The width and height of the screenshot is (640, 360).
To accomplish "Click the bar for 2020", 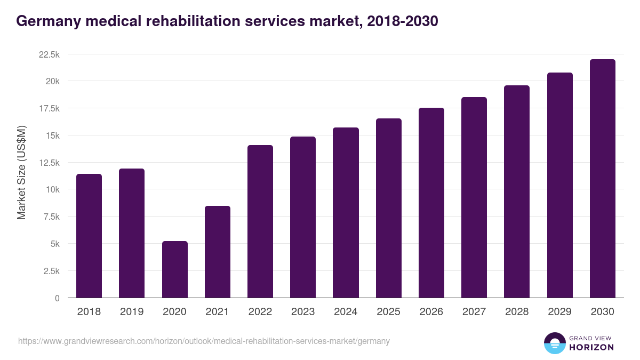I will pos(174,269).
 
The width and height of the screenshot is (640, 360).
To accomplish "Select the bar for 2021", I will pos(218,252).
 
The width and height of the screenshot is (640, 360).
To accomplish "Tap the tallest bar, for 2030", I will pos(602,179).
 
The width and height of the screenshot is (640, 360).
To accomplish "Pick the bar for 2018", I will pos(89,236).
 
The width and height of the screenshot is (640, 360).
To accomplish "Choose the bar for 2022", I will pos(260,221).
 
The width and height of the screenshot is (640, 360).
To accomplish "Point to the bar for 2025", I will pos(389,208).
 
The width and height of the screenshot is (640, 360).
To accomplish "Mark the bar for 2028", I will pos(517,191).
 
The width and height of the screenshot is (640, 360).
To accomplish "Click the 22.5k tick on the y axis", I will pos(49,54).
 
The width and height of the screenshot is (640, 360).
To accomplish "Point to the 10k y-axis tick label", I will pos(52,190).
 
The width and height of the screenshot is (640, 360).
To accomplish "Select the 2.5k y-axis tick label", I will pos(51,271).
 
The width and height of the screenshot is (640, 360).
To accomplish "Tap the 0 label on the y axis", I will pos(57,298).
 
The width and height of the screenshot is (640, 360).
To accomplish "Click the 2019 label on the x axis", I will pos(132,312).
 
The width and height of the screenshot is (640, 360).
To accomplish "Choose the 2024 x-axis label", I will pos(346,312).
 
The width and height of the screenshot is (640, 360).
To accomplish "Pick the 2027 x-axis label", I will pos(474,312).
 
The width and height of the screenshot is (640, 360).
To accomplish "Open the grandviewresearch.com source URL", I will pos(204,341).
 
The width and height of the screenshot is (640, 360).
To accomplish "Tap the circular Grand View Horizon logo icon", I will pos(554,343).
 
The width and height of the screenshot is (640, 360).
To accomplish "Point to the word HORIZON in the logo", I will pos(591,347).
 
